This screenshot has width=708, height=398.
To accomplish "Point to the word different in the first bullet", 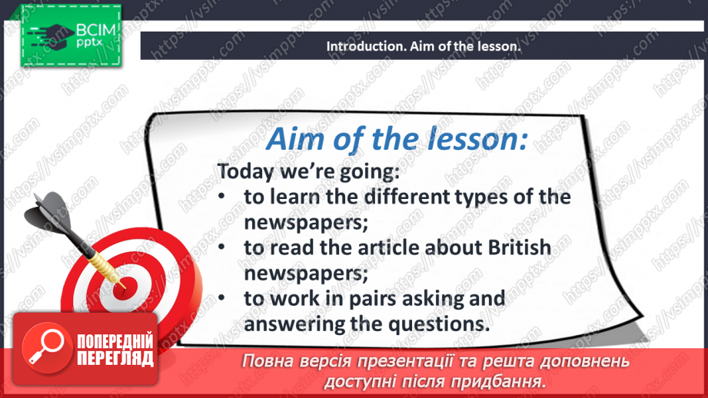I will point(405,197).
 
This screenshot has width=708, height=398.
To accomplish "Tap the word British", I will point(519,247).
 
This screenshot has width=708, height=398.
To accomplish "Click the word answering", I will point(293,323).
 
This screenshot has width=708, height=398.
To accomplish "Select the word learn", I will point(297,197).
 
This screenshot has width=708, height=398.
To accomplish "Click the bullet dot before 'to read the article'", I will point(221,248).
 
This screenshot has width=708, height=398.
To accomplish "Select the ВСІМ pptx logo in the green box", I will point(69,36).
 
